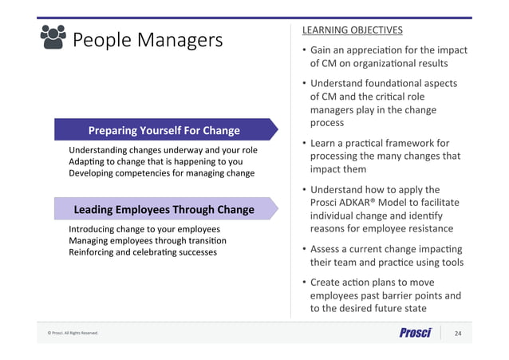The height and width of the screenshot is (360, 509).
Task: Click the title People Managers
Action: click(x=148, y=40)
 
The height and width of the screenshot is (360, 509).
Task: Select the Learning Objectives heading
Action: click(x=352, y=30)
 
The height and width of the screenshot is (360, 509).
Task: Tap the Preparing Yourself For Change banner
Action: click(x=164, y=129)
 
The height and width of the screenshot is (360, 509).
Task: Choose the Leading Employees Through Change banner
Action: click(x=164, y=209)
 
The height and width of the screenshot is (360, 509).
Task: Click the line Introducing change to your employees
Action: click(x=144, y=229)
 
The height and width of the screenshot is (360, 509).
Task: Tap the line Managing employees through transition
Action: click(x=148, y=240)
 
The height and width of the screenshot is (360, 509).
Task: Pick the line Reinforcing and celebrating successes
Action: click(x=143, y=252)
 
